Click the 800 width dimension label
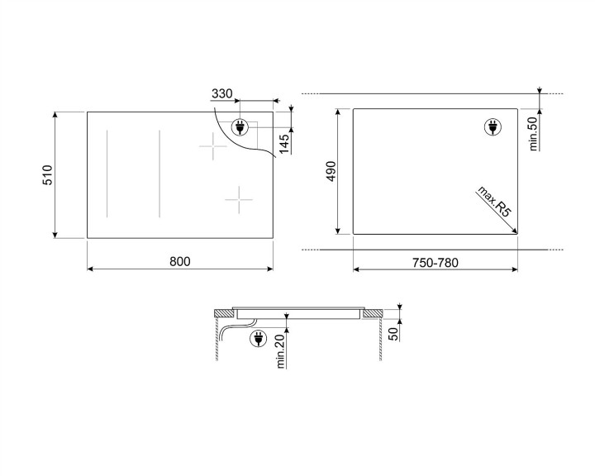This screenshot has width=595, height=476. (180, 262)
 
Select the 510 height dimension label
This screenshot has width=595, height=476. (48, 175)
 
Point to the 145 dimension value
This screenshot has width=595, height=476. (283, 144)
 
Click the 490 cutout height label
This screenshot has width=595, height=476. (330, 172)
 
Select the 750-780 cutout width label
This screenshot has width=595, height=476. (436, 263)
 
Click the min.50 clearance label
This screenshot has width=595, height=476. (533, 132)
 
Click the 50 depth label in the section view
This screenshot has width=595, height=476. (393, 333)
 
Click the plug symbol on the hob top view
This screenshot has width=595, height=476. (240, 127)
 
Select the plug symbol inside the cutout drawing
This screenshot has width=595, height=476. (490, 127)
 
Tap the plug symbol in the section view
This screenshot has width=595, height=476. (256, 336)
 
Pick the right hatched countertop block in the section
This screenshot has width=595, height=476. (373, 313)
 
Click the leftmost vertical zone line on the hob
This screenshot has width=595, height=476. (107, 174)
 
